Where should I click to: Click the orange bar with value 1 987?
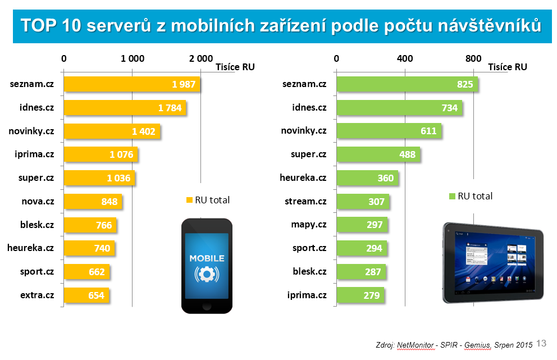tap(132, 84)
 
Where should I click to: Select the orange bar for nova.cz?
tap(93, 202)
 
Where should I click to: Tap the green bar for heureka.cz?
tap(367, 178)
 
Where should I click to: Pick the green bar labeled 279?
tap(360, 295)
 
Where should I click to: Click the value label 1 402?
tap(143, 131)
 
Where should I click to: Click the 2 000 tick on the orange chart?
tap(200, 58)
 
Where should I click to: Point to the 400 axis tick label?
tap(404, 58)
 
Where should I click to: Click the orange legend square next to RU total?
tap(189, 200)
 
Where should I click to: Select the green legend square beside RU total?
tap(451, 197)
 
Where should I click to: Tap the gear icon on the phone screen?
tap(206, 275)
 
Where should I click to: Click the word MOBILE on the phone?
tap(206, 258)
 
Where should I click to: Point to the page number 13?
tap(541, 343)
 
